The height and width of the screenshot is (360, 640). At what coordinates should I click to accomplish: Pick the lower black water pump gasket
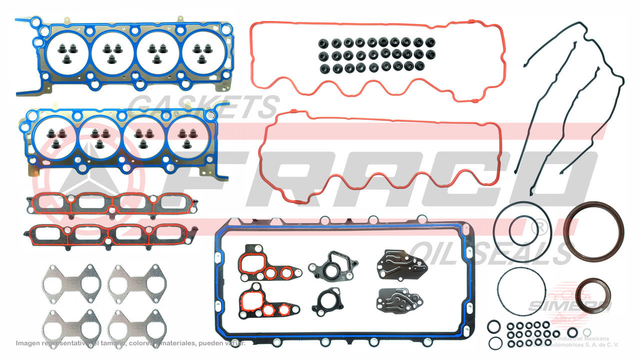tap(329, 300)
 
